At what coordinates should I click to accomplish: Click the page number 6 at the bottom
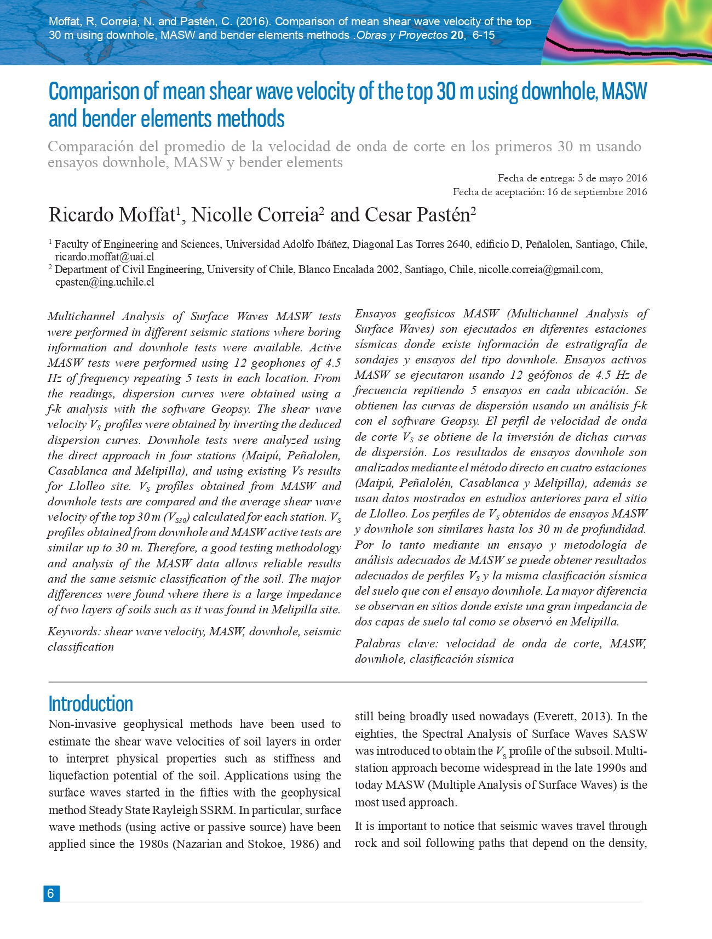pos(51,893)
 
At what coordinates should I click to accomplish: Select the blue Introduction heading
pos(91,703)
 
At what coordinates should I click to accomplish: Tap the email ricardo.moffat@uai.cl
pos(104,257)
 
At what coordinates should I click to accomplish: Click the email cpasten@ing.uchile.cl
pos(105,282)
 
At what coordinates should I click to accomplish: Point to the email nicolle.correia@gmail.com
pos(539,270)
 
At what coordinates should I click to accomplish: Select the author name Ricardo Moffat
pos(111,215)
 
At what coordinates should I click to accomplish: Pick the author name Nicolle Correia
pos(254,215)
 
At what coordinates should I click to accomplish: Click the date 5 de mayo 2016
pos(612,178)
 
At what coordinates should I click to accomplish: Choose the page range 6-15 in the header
pos(483,36)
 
